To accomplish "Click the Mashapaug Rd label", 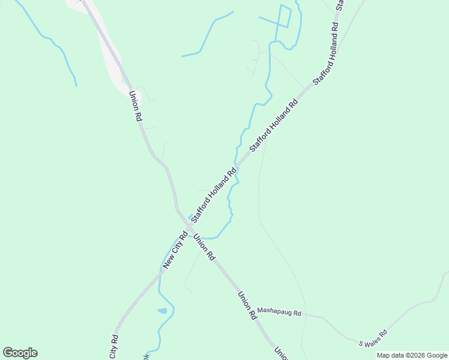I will (279, 311).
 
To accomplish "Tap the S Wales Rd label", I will (373, 338).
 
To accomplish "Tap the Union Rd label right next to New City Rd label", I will (204, 247).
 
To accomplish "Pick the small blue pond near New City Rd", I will (162, 311).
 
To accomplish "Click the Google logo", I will (20, 352).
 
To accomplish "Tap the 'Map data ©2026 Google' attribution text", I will (412, 355).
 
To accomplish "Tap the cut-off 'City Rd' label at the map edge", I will (115, 343).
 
